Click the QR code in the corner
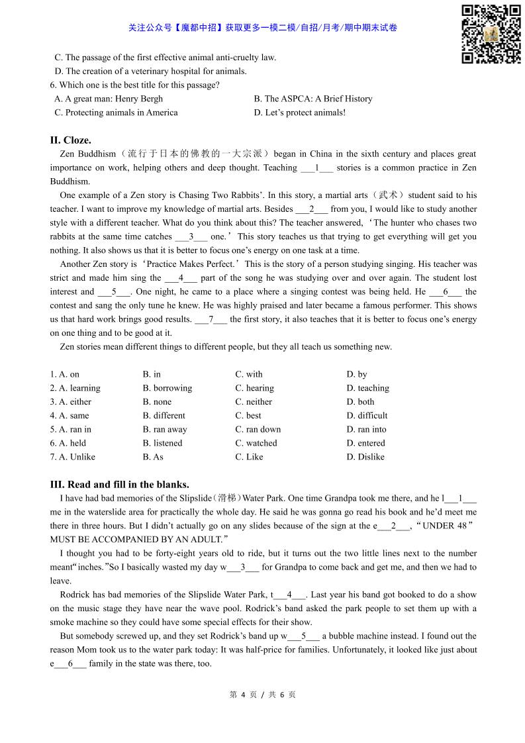(x=491, y=34)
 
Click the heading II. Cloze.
(x=70, y=140)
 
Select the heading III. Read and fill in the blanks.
(x=119, y=485)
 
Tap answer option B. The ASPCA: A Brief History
(x=312, y=99)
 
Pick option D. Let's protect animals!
(x=299, y=113)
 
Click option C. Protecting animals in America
(x=116, y=113)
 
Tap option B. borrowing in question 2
(x=167, y=388)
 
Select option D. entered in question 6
(x=365, y=444)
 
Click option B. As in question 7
(x=153, y=458)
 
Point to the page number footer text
(x=262, y=695)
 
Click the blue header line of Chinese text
(x=262, y=28)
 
